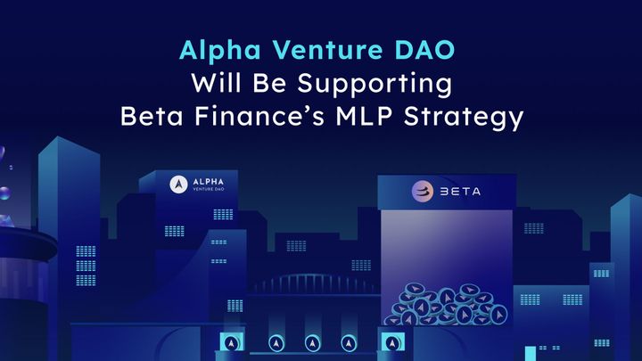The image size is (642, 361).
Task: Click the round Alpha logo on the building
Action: click(x=176, y=185)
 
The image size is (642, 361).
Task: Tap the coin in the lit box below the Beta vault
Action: click(x=390, y=342)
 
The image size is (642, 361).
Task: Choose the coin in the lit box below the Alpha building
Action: click(x=231, y=342)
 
